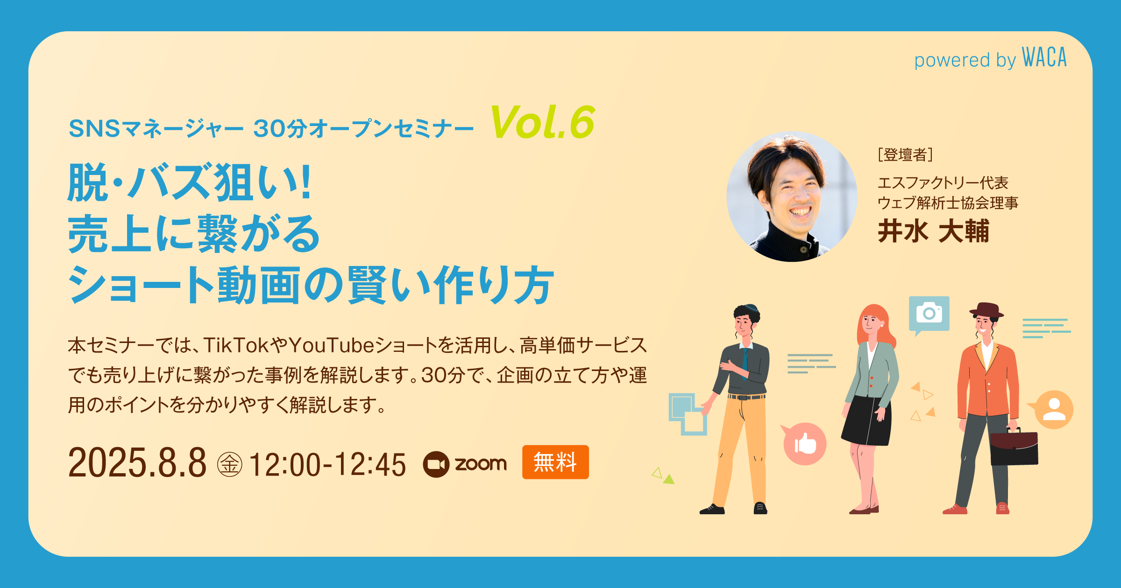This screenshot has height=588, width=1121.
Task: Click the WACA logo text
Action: tap(1044, 57)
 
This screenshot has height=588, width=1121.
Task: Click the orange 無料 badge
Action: tap(555, 462)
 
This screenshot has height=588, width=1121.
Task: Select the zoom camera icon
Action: tap(436, 464)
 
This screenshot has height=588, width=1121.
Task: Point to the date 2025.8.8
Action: tap(137, 462)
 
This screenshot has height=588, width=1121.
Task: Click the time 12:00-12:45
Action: tap(327, 464)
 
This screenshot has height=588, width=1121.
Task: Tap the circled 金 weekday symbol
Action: tap(229, 464)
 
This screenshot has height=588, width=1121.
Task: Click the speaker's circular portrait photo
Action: tap(792, 196)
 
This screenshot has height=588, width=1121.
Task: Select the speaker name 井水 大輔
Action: tap(933, 231)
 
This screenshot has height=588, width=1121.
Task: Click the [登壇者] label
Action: tap(905, 154)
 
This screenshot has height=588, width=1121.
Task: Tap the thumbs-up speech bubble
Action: tap(804, 443)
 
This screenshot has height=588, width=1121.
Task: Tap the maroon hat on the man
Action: tap(986, 310)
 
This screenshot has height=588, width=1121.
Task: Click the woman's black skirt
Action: tap(866, 420)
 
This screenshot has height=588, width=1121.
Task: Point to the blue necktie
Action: tap(745, 363)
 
